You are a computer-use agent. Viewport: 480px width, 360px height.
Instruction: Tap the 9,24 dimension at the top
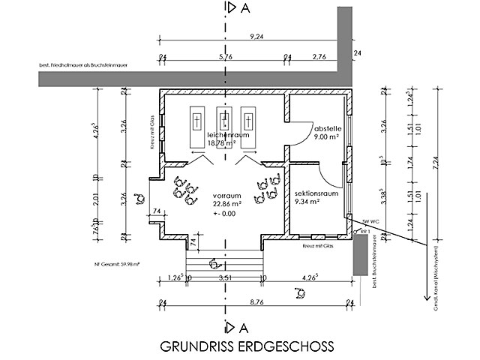pyautogui.click(x=256, y=37)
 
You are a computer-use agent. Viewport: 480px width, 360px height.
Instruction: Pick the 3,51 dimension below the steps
pyautogui.click(x=224, y=276)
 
